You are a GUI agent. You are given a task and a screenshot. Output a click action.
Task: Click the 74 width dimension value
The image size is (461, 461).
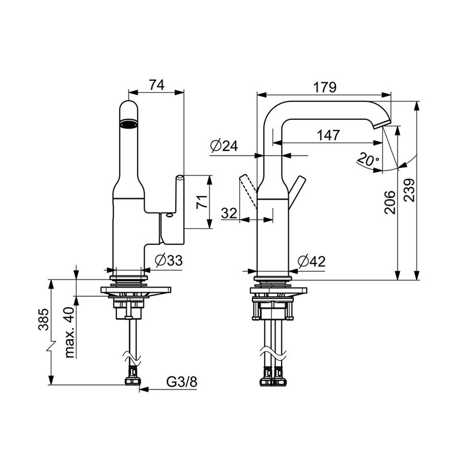click(x=156, y=85)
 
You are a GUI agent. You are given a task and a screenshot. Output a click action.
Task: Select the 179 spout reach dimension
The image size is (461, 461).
click(x=324, y=87)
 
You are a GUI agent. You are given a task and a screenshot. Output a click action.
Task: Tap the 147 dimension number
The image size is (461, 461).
click(x=328, y=135)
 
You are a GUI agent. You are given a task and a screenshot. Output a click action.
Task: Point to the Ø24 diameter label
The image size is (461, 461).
click(x=224, y=146)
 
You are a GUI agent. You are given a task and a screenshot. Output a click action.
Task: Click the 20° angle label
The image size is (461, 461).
click(x=368, y=160)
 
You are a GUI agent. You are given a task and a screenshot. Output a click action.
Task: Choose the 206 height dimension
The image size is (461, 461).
click(x=390, y=202)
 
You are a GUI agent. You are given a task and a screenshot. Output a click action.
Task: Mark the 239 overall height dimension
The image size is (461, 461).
click(x=409, y=190)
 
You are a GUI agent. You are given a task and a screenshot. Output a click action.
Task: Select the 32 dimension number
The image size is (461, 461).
click(x=229, y=213)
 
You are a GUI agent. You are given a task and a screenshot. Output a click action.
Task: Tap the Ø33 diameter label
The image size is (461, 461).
click(x=169, y=260)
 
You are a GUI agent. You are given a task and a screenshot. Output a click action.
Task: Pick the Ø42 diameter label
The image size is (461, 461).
click(x=312, y=261)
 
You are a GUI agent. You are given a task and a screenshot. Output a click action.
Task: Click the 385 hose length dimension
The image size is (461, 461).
click(x=44, y=319)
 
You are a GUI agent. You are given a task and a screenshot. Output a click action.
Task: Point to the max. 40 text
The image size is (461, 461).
click(x=69, y=332)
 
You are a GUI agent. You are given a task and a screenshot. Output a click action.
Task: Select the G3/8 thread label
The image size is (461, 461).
click(x=182, y=382)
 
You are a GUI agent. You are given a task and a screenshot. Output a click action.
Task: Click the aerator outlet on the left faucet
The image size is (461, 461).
click(x=129, y=123)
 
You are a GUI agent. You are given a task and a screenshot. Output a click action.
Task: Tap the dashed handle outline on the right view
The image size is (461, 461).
click(x=248, y=191)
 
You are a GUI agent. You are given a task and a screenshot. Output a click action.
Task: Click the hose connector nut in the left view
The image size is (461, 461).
click(x=133, y=381)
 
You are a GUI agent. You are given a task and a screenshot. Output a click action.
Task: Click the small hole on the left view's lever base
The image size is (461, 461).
click(x=169, y=215)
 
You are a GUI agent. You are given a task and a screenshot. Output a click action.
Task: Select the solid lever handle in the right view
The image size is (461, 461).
click(x=297, y=192)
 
